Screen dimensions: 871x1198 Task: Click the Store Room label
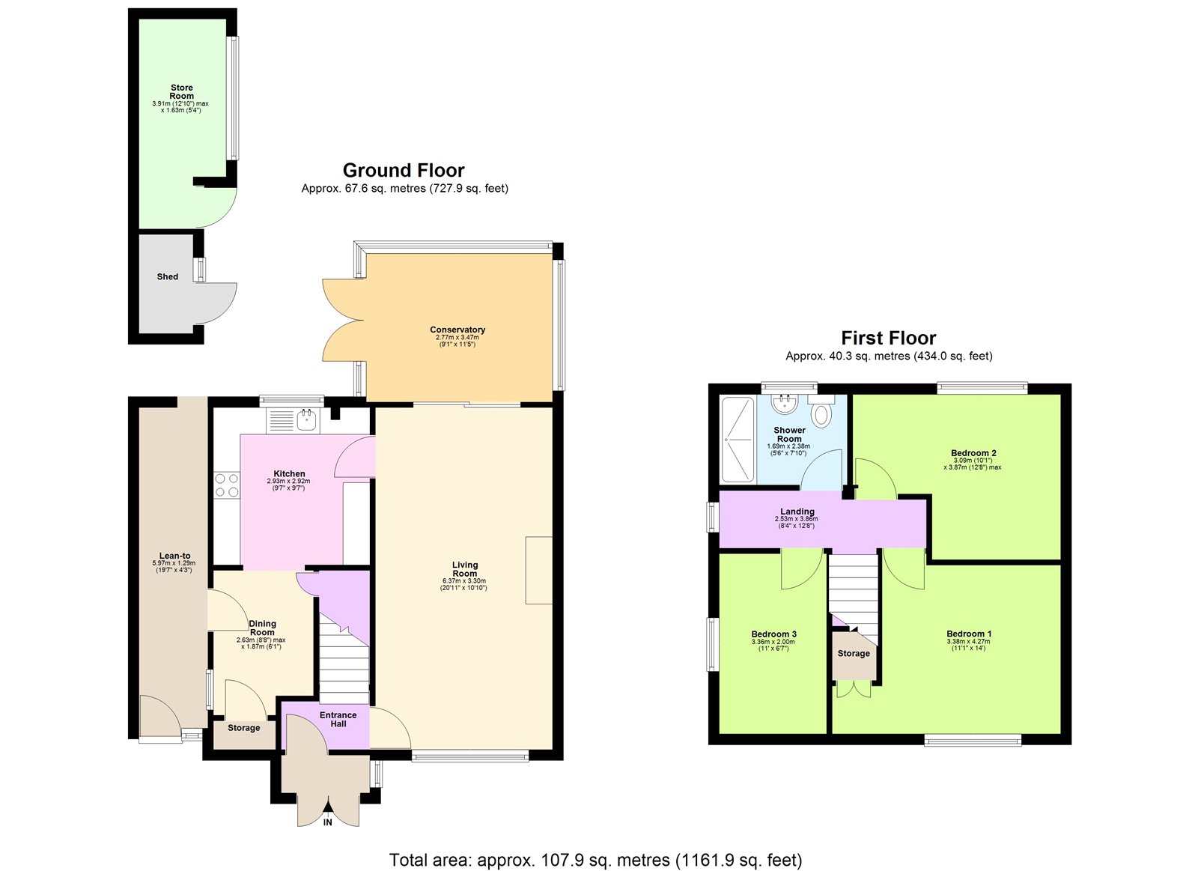[x=181, y=92]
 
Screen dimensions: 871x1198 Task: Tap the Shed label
[x=168, y=277]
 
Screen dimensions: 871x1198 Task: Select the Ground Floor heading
[x=404, y=171]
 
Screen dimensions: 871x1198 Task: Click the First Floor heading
[x=888, y=339]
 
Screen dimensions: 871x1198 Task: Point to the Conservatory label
[x=457, y=330]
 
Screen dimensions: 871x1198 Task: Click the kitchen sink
[x=307, y=420]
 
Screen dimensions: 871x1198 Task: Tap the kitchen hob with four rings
[x=227, y=485]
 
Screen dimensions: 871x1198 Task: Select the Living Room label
[x=465, y=570]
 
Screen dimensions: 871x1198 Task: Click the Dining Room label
[x=262, y=628]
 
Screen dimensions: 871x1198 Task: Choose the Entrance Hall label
[x=338, y=720]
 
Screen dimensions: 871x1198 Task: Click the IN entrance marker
[x=328, y=822]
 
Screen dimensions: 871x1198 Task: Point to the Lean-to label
[x=174, y=556]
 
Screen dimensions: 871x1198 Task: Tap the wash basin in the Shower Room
[x=784, y=405]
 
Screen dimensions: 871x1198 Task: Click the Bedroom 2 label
[x=973, y=453]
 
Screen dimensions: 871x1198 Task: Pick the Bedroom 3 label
[x=773, y=634]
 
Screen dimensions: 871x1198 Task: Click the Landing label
[x=797, y=512]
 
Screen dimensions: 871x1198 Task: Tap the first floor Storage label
[x=854, y=654]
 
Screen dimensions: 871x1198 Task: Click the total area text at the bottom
[x=595, y=861]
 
